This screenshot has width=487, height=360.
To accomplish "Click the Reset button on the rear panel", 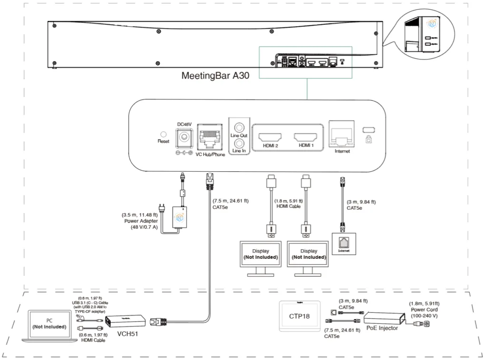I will pyautogui.click(x=164, y=135).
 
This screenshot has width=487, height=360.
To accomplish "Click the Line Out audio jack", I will pyautogui.click(x=238, y=128).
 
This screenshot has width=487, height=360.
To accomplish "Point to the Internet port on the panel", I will pyautogui.click(x=341, y=135).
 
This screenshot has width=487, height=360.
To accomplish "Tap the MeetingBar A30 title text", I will pyautogui.click(x=215, y=76).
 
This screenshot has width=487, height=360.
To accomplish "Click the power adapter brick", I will pyautogui.click(x=181, y=217).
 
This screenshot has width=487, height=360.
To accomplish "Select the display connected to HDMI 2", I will pyautogui.click(x=261, y=254).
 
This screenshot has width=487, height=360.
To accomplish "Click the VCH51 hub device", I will pyautogui.click(x=126, y=322).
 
